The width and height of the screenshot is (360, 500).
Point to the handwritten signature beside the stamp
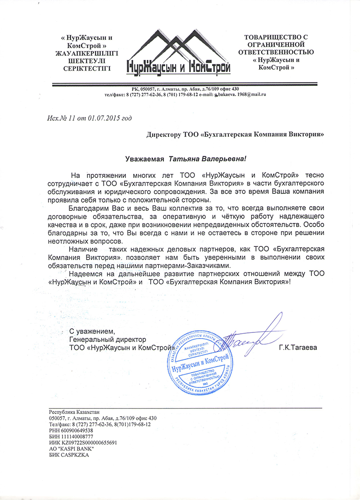[x=252, y=340]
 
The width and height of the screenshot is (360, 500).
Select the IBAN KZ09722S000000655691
[x=88, y=442]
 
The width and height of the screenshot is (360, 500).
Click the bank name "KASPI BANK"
[x=75, y=449]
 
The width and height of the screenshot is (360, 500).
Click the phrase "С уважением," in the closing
[x=90, y=332]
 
